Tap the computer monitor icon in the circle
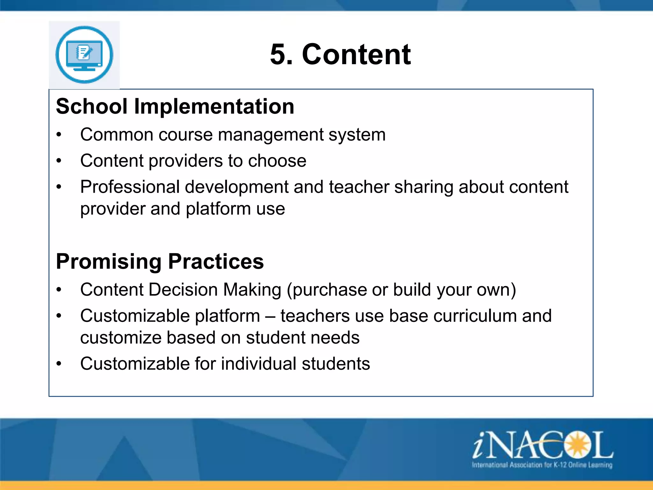(x=84, y=55)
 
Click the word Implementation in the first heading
(x=214, y=106)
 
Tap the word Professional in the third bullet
(x=130, y=187)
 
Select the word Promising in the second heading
(x=109, y=262)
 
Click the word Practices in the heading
(x=216, y=262)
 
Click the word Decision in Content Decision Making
(x=183, y=290)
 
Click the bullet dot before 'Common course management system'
(x=59, y=135)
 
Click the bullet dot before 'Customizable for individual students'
(x=59, y=364)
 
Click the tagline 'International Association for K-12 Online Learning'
(x=542, y=465)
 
